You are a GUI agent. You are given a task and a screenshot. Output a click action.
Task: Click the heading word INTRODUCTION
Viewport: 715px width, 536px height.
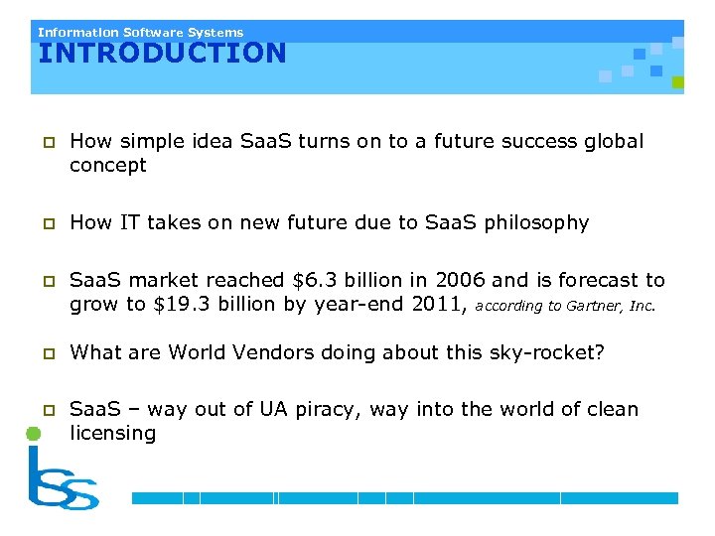pos(162,53)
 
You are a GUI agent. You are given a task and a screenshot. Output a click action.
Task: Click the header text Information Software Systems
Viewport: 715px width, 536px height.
pos(140,32)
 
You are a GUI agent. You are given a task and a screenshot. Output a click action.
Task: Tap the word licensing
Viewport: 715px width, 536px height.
pos(112,433)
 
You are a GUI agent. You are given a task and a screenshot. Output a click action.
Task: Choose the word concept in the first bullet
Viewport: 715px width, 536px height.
pos(107,165)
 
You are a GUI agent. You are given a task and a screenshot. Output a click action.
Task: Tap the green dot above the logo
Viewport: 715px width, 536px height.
pos(32,434)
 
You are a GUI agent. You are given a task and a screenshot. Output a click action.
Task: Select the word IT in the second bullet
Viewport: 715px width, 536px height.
pos(129,223)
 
